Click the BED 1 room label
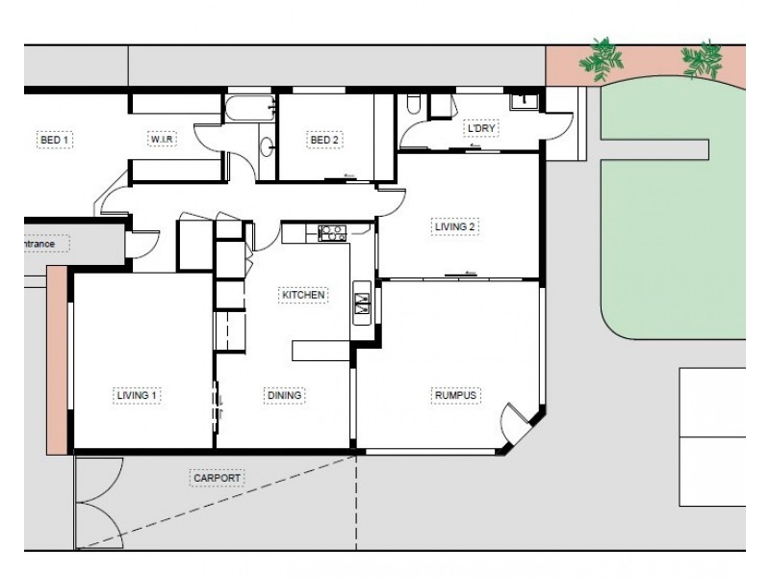[55, 140]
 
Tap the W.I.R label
[162, 140]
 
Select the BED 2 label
[324, 140]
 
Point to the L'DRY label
[481, 128]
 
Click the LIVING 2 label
[454, 226]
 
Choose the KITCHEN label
[303, 295]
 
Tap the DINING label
[284, 395]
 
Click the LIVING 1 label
[137, 395]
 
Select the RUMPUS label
[455, 395]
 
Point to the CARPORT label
[218, 478]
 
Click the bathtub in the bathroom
[250, 108]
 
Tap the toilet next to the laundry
[414, 104]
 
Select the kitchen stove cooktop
[332, 233]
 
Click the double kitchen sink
[362, 303]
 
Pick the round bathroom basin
[268, 147]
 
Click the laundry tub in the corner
[525, 102]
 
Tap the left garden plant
[601, 59]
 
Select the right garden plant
[703, 60]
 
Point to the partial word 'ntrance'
[39, 244]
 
